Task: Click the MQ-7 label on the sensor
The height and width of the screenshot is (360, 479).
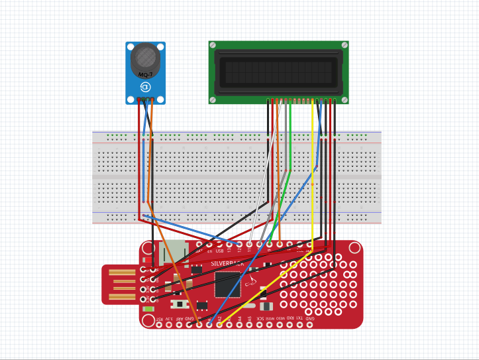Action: pyautogui.click(x=145, y=76)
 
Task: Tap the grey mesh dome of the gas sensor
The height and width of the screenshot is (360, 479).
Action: pyautogui.click(x=145, y=58)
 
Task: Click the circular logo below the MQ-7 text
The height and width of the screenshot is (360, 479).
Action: pyautogui.click(x=146, y=86)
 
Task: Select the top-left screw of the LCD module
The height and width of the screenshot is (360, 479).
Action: pyautogui.click(x=213, y=45)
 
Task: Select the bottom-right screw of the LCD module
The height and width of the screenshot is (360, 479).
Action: pyautogui.click(x=344, y=99)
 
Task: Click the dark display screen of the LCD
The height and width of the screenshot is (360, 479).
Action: pyautogui.click(x=278, y=71)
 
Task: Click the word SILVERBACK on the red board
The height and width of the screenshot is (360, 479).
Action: pyautogui.click(x=227, y=263)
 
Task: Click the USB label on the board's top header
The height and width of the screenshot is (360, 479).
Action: pyautogui.click(x=219, y=251)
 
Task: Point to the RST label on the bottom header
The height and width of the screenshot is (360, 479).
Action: pyautogui.click(x=159, y=319)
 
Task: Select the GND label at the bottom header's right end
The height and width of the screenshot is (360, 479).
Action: pyautogui.click(x=309, y=319)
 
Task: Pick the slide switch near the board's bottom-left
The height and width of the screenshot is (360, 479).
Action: pyautogui.click(x=179, y=304)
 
